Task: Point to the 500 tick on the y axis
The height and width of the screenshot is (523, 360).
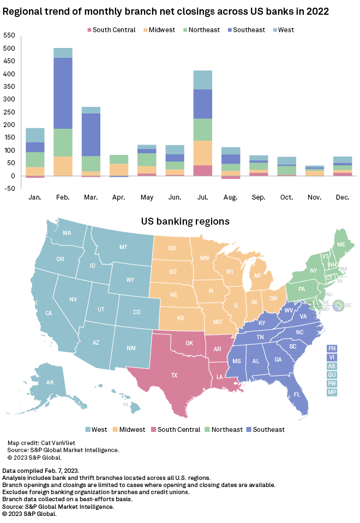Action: [x=9, y=49]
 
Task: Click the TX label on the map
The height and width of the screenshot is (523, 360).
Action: [x=174, y=375]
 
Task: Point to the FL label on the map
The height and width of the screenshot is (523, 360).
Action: [x=297, y=394]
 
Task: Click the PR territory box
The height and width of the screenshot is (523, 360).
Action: [x=332, y=348]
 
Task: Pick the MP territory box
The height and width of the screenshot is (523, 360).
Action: [x=332, y=392]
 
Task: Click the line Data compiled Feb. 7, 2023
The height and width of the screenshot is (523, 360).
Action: [x=41, y=470]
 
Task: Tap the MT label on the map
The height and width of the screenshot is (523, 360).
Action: [x=123, y=247]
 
